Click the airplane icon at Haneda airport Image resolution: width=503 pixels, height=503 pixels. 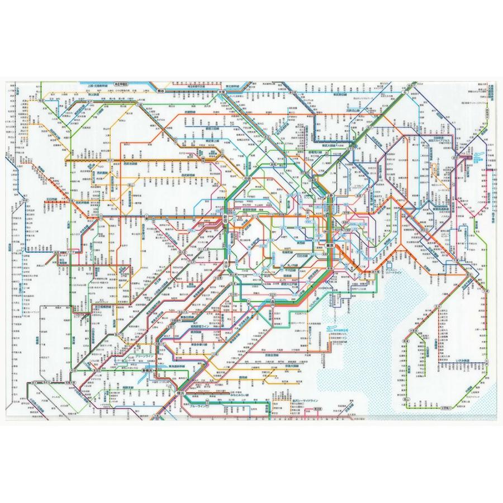[x=330, y=331]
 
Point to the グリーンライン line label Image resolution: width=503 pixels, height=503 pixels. [x=138, y=355]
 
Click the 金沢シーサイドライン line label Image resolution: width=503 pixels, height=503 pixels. [x=291, y=401]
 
